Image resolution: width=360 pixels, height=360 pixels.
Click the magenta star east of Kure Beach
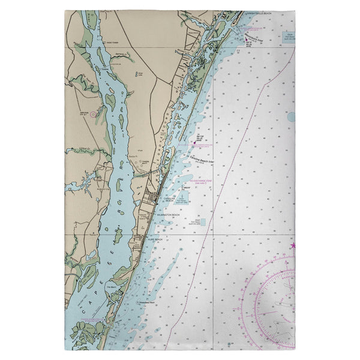pyautogui.click(x=293, y=245)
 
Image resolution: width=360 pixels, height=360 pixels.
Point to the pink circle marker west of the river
pyautogui.click(x=94, y=113)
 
